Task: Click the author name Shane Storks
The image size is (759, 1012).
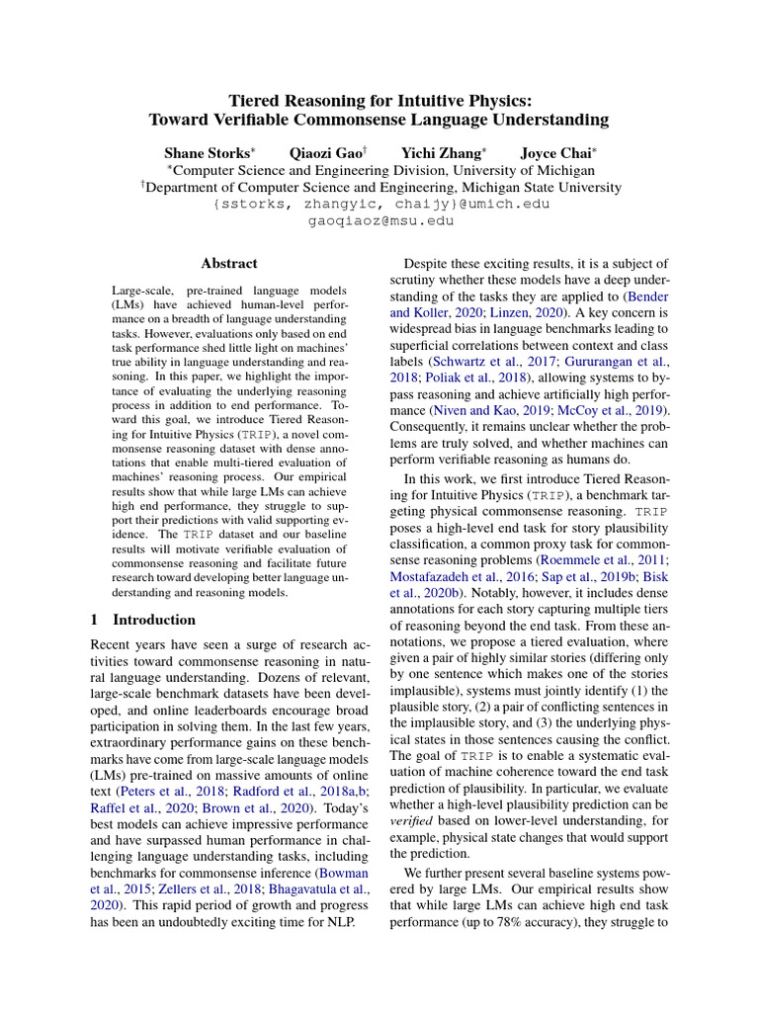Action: pyautogui.click(x=208, y=153)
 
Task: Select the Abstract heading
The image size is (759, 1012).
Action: pyautogui.click(x=229, y=264)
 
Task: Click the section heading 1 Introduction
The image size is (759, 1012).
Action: pyautogui.click(x=142, y=620)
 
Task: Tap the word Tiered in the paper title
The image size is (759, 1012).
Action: pyautogui.click(x=256, y=100)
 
